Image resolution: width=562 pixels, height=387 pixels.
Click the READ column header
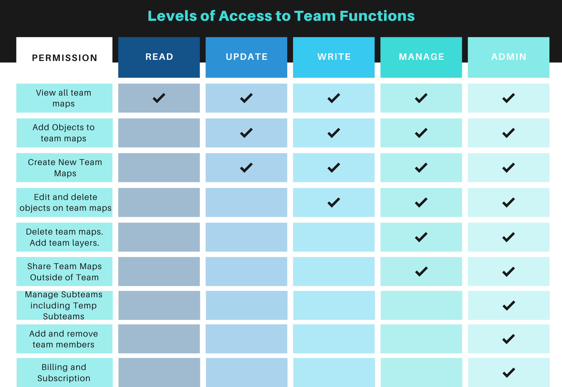tap(159, 57)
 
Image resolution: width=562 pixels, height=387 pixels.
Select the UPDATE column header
tap(246, 57)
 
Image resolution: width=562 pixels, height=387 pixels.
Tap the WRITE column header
tap(334, 57)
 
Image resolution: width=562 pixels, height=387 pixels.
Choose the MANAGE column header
tap(421, 57)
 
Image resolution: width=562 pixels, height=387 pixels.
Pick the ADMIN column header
tap(508, 57)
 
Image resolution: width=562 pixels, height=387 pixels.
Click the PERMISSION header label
tap(64, 58)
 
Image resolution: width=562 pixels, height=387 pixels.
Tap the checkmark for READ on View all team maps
tap(159, 98)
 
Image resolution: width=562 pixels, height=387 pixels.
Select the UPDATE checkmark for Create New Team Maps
tap(246, 168)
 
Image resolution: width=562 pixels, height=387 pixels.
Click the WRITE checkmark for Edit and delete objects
tap(334, 203)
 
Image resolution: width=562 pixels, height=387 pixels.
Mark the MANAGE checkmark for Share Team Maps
tap(421, 272)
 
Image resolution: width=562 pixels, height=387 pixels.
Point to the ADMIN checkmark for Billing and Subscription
tap(509, 373)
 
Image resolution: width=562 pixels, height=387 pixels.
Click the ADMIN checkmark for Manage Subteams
tap(509, 305)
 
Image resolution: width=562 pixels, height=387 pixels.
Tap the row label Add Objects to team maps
tap(64, 133)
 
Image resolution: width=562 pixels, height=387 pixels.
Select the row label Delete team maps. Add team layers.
tap(64, 237)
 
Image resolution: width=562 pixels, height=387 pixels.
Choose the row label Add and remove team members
tap(64, 339)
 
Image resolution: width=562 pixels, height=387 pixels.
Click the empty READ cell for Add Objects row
tap(159, 133)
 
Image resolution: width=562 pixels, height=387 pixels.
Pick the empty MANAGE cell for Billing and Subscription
tap(421, 372)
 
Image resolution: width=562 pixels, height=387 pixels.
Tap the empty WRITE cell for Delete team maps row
tap(334, 237)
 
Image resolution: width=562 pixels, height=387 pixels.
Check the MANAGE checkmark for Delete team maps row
tap(421, 237)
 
